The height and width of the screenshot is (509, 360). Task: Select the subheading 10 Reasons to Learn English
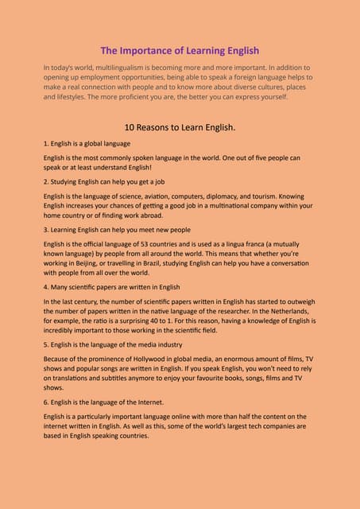180,126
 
